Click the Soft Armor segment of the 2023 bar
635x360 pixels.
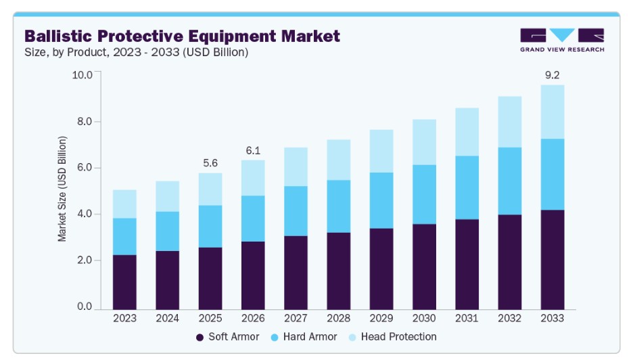[x=124, y=282]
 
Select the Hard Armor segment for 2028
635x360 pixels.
[x=339, y=206]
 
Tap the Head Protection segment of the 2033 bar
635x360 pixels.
[x=552, y=112]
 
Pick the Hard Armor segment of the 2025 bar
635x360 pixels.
[x=210, y=227]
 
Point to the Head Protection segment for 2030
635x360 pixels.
[x=425, y=142]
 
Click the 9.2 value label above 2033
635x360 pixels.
[x=552, y=75]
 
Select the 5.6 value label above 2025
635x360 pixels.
[x=210, y=163]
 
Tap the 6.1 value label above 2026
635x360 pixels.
[x=253, y=150]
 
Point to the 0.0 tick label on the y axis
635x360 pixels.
[x=85, y=306]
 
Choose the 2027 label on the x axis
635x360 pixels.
[x=296, y=318]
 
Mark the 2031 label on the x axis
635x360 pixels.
[x=467, y=318]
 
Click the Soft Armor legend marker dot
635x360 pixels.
[x=199, y=337]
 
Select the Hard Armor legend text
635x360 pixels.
[x=310, y=337]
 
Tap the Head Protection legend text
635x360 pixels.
[x=399, y=337]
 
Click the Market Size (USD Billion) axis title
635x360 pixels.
[x=62, y=189]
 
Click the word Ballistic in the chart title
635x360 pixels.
[x=58, y=36]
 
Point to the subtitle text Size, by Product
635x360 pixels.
[x=67, y=52]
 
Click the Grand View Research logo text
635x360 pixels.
[x=562, y=49]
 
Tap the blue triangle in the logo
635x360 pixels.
[x=562, y=35]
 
